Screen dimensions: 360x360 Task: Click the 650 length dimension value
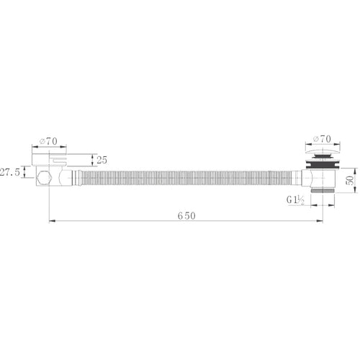[186, 216]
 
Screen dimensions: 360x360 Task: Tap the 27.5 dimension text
[10, 172]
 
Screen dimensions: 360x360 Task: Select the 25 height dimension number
[102, 160]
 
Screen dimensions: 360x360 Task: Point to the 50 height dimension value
[351, 180]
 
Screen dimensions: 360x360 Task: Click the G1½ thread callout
[295, 199]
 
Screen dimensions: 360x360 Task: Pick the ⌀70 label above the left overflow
[48, 141]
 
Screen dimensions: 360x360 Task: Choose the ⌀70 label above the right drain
[322, 139]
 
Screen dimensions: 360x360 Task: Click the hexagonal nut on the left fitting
[44, 178]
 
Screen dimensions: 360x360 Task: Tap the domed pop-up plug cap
[323, 152]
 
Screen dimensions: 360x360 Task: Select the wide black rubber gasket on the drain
[323, 165]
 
